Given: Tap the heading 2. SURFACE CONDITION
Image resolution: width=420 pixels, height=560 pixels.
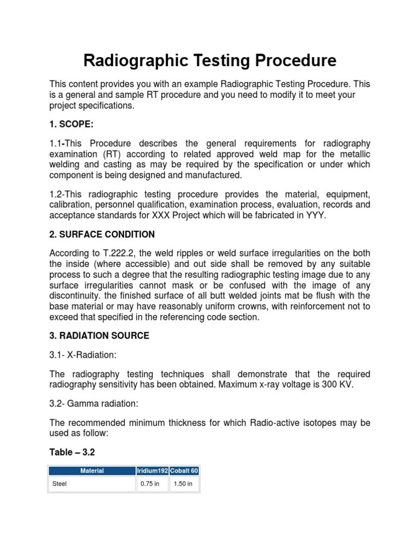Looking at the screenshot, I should click(x=102, y=234).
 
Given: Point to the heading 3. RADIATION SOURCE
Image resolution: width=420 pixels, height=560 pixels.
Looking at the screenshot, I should click(x=99, y=335).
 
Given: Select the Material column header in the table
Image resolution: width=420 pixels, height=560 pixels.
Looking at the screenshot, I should click(x=92, y=470).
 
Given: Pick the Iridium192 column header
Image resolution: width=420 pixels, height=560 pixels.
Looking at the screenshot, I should click(x=151, y=470).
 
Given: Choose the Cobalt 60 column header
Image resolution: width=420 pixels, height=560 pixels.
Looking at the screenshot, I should click(x=184, y=470).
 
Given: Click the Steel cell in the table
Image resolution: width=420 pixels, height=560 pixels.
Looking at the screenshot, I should click(x=59, y=484).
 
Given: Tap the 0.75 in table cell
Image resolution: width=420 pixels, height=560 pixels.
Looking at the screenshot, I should click(x=150, y=484).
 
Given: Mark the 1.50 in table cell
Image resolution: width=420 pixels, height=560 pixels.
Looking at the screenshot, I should click(x=183, y=484).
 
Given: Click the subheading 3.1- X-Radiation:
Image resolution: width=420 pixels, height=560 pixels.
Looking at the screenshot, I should click(x=83, y=355).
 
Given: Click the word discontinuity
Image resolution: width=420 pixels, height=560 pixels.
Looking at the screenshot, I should click(x=75, y=296).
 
